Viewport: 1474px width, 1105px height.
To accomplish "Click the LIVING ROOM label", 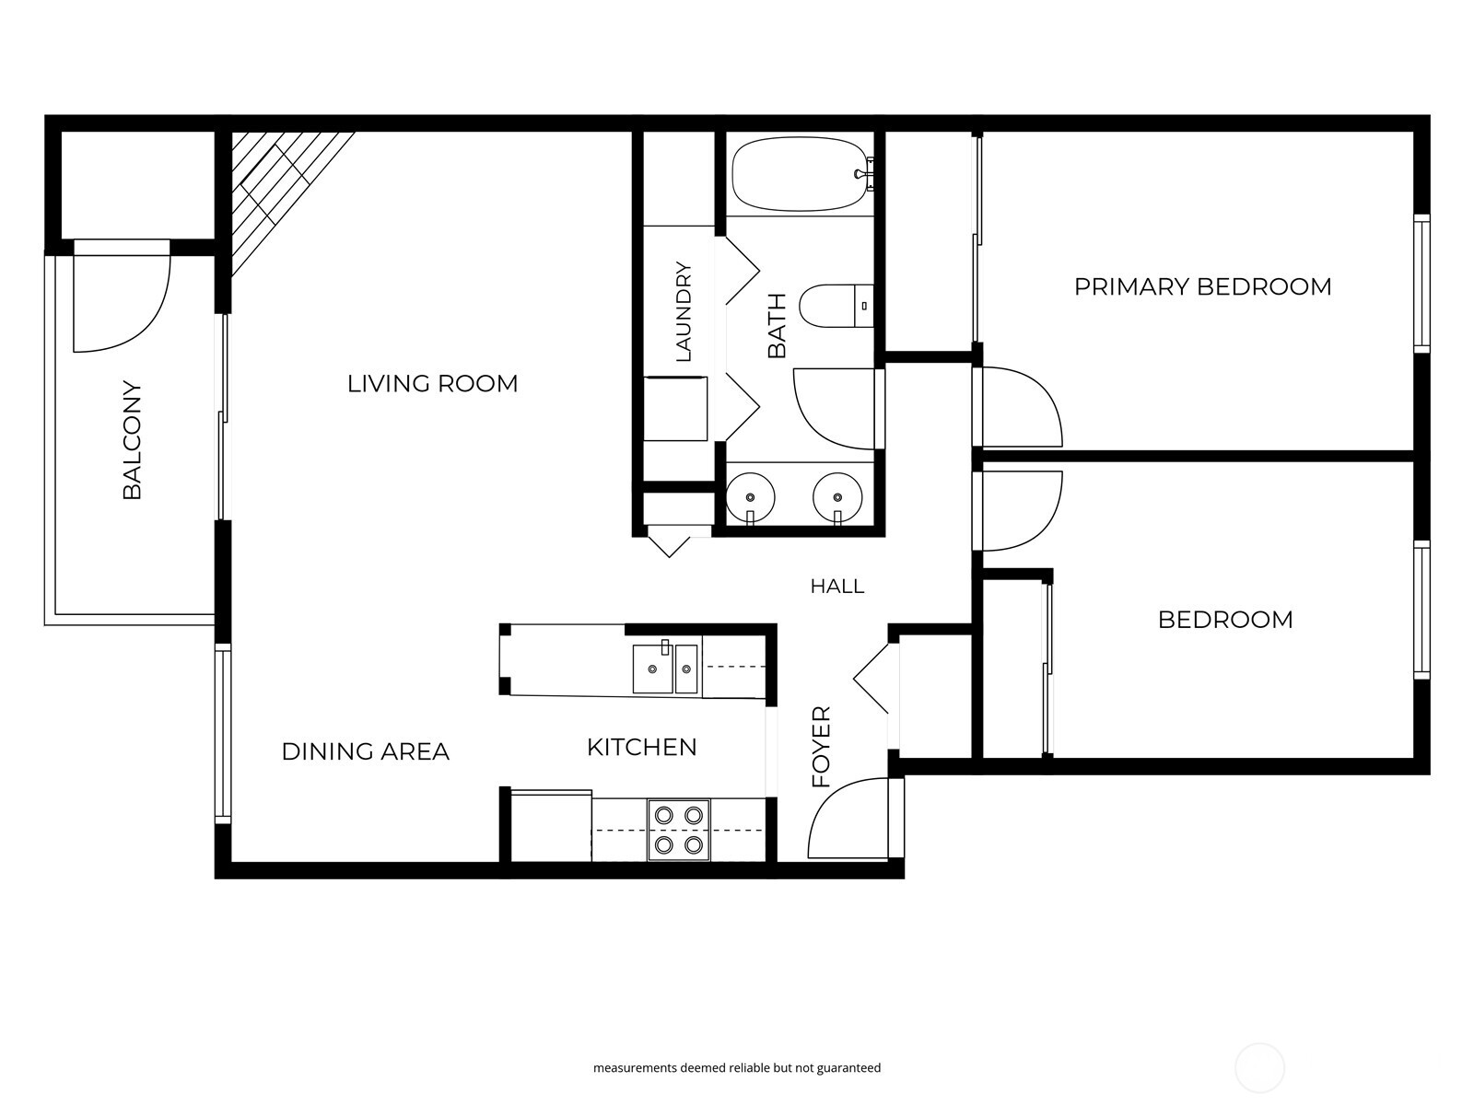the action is pos(432,384).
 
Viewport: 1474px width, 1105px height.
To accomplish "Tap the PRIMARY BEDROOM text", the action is pos(1203,286).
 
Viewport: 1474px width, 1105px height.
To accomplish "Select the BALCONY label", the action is pos(133,440).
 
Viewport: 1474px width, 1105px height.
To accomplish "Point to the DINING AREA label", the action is pos(366,751).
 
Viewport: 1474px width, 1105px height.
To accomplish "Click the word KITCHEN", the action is pos(642,748).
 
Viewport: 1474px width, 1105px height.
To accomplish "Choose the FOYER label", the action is pos(821,747).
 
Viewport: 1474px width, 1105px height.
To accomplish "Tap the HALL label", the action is pos(836,587).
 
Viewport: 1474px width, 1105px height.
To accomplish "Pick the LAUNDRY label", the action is pos(683,311).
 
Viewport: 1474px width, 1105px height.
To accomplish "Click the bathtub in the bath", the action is pos(801,174).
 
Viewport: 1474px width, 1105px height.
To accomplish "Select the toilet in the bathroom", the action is pos(836,306).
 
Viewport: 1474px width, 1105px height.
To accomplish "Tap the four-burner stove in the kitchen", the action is pos(678,830).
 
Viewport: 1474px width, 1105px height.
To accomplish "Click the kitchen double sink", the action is pos(665,669).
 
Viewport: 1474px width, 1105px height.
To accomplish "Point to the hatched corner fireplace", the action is pos(282,194).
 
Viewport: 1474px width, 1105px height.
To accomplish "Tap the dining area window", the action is pos(223,733).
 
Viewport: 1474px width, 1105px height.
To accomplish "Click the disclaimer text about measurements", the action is pos(737,1067).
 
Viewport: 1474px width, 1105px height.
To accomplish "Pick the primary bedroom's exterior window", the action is pos(1421,283).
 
